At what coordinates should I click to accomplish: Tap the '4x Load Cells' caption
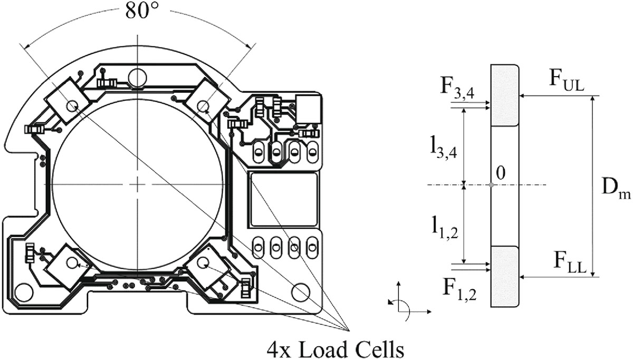343,349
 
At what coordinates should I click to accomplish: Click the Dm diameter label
616,187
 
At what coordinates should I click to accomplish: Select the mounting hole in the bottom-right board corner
301,291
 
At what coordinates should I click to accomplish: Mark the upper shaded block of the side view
505,96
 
